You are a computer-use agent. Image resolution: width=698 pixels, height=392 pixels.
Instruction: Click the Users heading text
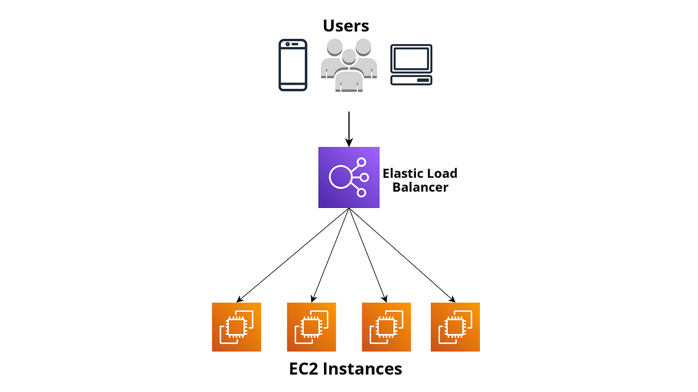(346, 26)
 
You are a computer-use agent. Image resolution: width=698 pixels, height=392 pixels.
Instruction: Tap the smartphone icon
(293, 65)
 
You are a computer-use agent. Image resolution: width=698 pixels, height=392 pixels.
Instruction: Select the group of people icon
(348, 66)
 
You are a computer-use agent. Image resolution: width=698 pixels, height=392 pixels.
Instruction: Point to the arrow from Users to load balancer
(349, 128)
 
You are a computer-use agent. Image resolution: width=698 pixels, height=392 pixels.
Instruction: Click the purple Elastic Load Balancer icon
(349, 177)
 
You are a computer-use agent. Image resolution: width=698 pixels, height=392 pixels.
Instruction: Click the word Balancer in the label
(420, 187)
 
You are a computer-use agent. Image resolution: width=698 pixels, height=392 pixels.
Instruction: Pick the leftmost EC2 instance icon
(236, 327)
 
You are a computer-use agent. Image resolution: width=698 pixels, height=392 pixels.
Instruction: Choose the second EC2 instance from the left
(311, 327)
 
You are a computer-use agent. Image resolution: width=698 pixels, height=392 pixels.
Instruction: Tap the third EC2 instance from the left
(386, 327)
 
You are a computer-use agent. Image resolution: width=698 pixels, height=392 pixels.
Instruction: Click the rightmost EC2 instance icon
(455, 327)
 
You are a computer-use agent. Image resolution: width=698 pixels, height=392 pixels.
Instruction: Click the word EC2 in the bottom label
(308, 369)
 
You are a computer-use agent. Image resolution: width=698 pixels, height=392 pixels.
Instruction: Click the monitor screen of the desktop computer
(411, 58)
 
